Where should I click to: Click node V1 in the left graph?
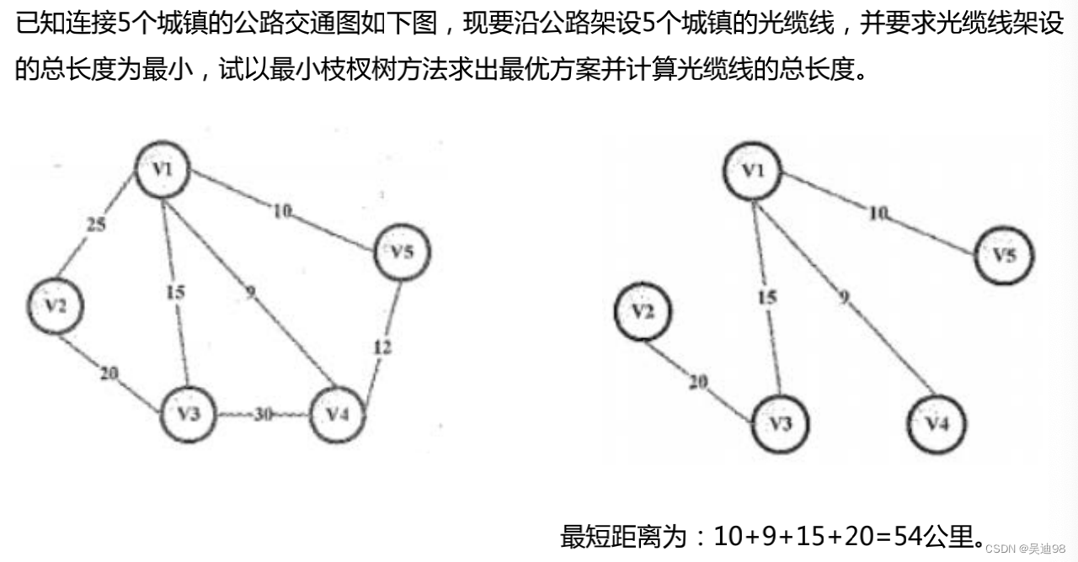coord(163,170)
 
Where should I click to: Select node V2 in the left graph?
coord(56,305)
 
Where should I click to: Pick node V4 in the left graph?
coord(338,414)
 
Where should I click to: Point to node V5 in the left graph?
coord(403,251)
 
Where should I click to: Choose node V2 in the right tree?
coord(643,312)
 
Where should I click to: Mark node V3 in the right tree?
coord(780,422)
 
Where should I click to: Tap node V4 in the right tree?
coord(937,422)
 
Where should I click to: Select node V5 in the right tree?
coord(1004,255)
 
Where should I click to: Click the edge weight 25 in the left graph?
coord(96,225)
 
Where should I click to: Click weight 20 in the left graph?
coord(109,374)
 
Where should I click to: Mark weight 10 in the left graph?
coord(281,211)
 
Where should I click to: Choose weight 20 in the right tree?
coord(697,382)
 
